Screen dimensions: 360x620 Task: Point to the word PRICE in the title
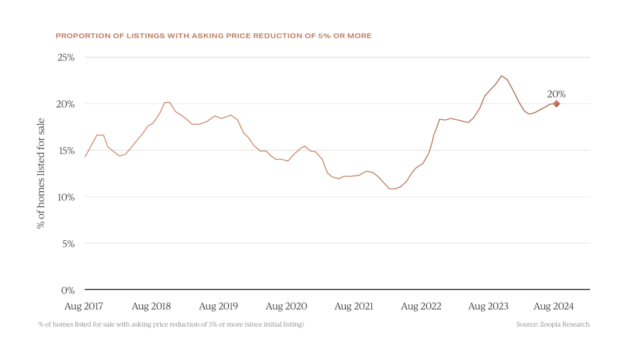(x=237, y=36)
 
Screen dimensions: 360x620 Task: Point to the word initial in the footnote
(x=271, y=325)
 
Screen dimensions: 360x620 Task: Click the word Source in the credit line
(x=526, y=325)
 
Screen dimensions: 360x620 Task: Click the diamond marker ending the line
(x=556, y=104)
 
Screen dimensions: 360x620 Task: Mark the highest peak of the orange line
(x=501, y=75)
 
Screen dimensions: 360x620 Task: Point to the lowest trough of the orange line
(x=392, y=189)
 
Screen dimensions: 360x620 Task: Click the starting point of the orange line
(x=85, y=157)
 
